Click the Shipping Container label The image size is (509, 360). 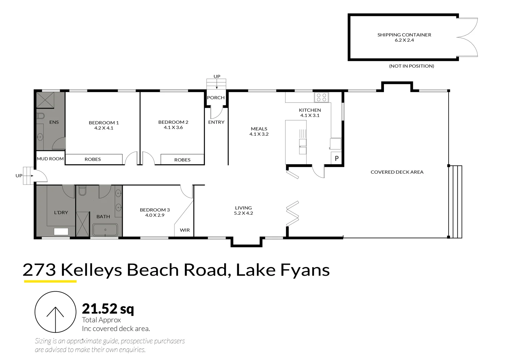(x=404, y=35)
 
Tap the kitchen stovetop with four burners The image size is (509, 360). (x=321, y=97)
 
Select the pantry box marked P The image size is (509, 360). (x=337, y=159)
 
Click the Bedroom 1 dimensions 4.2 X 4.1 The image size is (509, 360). (x=104, y=128)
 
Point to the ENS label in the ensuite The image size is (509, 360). (x=54, y=122)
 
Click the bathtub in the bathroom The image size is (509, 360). (x=105, y=230)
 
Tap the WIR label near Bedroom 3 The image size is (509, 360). (x=185, y=230)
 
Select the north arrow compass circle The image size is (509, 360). (x=55, y=312)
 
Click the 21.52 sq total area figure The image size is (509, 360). (x=108, y=309)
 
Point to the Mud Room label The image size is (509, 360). (x=50, y=159)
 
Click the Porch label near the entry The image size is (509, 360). (x=216, y=98)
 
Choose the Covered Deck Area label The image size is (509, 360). (x=397, y=172)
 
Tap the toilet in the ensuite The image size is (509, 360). (x=41, y=116)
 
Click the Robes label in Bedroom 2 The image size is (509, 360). (x=182, y=160)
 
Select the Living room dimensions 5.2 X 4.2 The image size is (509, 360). (x=243, y=213)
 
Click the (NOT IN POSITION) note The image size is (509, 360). (x=411, y=66)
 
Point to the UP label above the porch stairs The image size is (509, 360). (x=217, y=76)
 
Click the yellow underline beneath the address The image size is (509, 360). (x=50, y=281)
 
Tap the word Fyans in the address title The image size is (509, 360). (x=305, y=270)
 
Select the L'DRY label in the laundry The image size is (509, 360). (x=61, y=212)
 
